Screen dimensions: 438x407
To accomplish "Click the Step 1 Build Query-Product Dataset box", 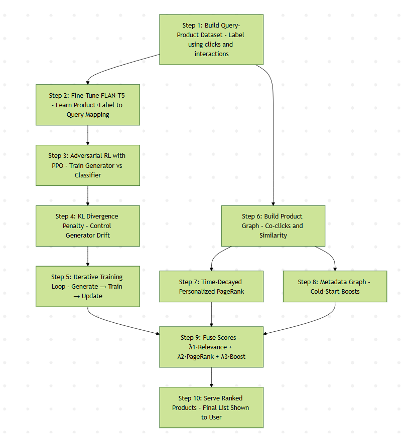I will coord(211,40).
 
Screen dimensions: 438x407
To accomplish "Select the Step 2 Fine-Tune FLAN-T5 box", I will coord(88,105).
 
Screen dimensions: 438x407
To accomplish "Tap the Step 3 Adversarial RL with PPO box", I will coord(88,165).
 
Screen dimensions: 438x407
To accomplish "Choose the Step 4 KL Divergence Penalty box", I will coord(88,226).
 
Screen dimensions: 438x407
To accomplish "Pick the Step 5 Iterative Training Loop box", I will coord(88,286).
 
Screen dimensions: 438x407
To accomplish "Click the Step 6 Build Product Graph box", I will coord(273,226).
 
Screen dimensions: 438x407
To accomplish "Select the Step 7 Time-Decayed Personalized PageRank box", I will coord(211,286).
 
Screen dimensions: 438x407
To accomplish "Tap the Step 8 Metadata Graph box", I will coord(335,286).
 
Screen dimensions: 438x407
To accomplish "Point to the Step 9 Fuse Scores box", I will coord(211,347).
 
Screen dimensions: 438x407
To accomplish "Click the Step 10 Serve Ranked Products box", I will coord(211,407).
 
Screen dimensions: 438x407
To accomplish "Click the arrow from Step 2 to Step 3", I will coord(88,135).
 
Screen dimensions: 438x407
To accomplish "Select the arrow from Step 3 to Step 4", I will coord(88,195).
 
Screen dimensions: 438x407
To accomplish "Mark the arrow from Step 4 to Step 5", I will coord(88,256).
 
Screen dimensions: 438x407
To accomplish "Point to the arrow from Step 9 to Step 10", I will coord(211,377).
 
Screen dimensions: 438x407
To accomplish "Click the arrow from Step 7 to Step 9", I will coord(211,314).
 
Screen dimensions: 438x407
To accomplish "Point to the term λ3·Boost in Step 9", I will coord(233,356).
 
